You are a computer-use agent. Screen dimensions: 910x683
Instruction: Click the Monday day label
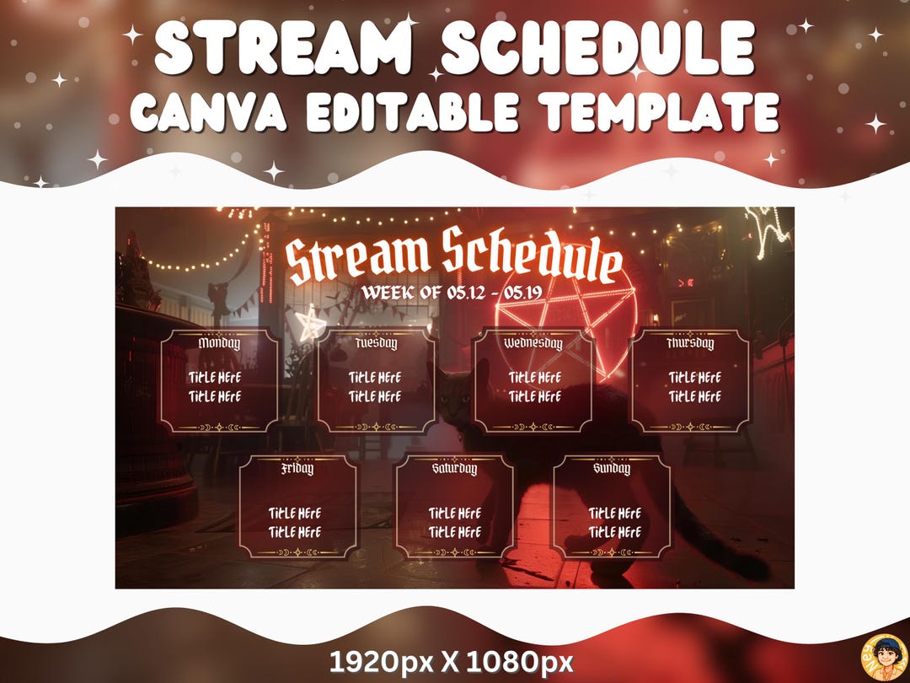(x=219, y=343)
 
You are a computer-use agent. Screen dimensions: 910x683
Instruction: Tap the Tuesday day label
(x=376, y=344)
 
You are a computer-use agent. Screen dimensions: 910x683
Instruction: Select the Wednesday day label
(x=533, y=344)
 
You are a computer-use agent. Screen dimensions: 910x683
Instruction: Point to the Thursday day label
(x=690, y=344)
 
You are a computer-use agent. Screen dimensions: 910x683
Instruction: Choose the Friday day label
(x=297, y=469)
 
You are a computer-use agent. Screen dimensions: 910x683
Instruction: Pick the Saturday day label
(x=454, y=469)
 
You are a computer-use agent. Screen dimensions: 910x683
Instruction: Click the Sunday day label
(x=612, y=469)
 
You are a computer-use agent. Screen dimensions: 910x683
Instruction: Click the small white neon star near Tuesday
(x=311, y=323)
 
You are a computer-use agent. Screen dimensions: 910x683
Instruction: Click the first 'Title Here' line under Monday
(x=215, y=378)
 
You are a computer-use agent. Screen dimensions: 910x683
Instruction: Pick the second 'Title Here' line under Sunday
(x=614, y=532)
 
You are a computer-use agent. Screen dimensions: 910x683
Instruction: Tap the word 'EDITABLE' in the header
(x=413, y=111)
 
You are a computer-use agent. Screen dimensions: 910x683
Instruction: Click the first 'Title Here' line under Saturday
(x=454, y=514)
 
